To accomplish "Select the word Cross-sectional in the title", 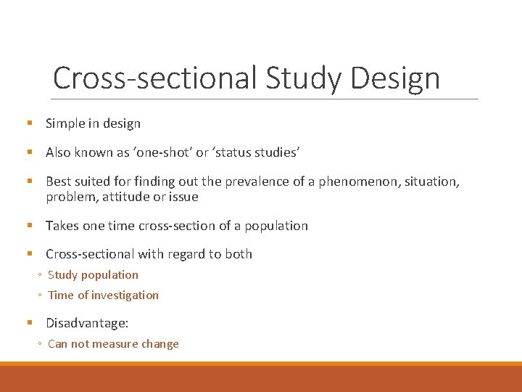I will [154, 78].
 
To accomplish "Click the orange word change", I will [160, 344].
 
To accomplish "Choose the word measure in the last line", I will [117, 344].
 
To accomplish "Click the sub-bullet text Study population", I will [93, 274].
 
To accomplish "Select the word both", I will [239, 254].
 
